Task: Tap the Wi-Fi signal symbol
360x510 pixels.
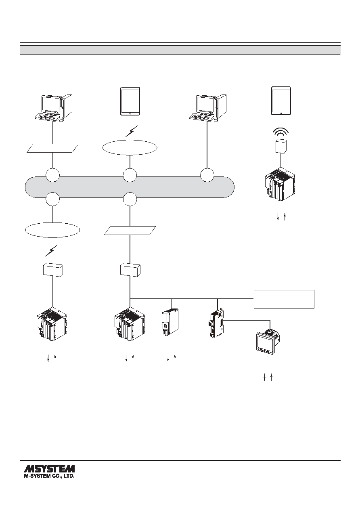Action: click(281, 132)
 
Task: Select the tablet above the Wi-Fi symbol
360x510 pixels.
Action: click(281, 101)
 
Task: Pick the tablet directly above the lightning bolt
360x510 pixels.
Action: click(130, 101)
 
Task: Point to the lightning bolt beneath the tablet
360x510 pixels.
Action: click(132, 131)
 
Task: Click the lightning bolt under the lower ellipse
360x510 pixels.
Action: click(51, 250)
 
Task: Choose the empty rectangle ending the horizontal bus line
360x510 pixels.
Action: click(284, 299)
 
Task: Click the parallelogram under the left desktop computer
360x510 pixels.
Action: click(52, 148)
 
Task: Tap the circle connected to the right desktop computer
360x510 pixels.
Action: click(207, 175)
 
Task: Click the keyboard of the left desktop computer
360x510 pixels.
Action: click(46, 117)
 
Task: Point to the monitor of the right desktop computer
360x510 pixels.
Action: click(205, 104)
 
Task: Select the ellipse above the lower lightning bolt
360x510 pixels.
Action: click(52, 230)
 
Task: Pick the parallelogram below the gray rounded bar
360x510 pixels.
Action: click(130, 231)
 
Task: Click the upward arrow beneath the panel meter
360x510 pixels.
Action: click(271, 377)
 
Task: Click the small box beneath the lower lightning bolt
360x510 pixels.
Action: click(53, 270)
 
